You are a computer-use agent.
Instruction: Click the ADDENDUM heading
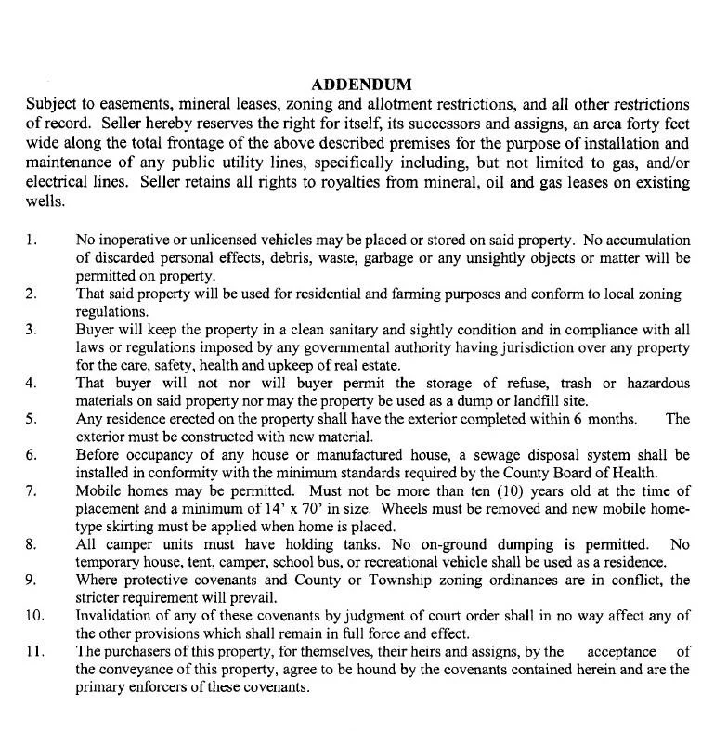click(362, 85)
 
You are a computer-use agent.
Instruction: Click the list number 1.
click(32, 241)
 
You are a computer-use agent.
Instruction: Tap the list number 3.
click(32, 329)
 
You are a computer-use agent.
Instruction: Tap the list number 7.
click(32, 490)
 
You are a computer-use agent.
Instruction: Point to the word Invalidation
click(116, 616)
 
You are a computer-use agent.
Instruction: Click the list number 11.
click(33, 651)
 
